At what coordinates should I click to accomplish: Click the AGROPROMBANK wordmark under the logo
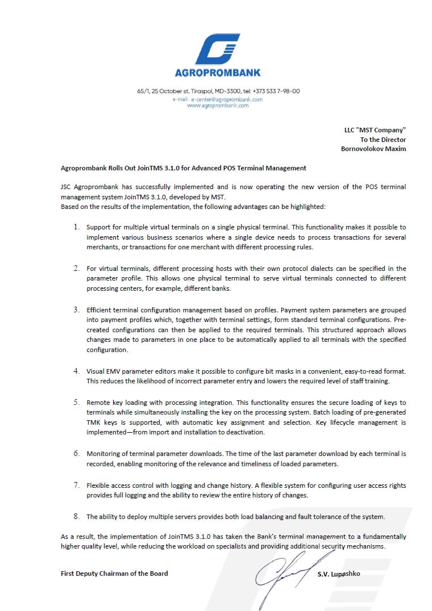(x=218, y=73)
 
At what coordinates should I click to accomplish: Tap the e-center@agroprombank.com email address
(x=227, y=99)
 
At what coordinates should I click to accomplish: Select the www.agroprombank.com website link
(x=218, y=106)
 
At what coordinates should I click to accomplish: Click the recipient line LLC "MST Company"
(x=375, y=130)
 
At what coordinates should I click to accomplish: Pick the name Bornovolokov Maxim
(x=373, y=149)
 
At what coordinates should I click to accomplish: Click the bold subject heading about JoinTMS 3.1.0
(x=184, y=168)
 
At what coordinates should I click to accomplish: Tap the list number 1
(x=76, y=227)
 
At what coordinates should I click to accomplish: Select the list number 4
(x=76, y=371)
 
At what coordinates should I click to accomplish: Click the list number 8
(x=76, y=516)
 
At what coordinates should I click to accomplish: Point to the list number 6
(x=76, y=454)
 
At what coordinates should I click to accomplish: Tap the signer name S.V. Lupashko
(x=339, y=574)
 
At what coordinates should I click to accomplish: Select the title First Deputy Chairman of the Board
(x=114, y=574)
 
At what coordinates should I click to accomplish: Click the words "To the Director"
(x=383, y=140)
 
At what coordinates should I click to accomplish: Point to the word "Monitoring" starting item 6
(x=103, y=454)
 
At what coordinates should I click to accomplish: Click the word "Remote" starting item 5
(x=97, y=402)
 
